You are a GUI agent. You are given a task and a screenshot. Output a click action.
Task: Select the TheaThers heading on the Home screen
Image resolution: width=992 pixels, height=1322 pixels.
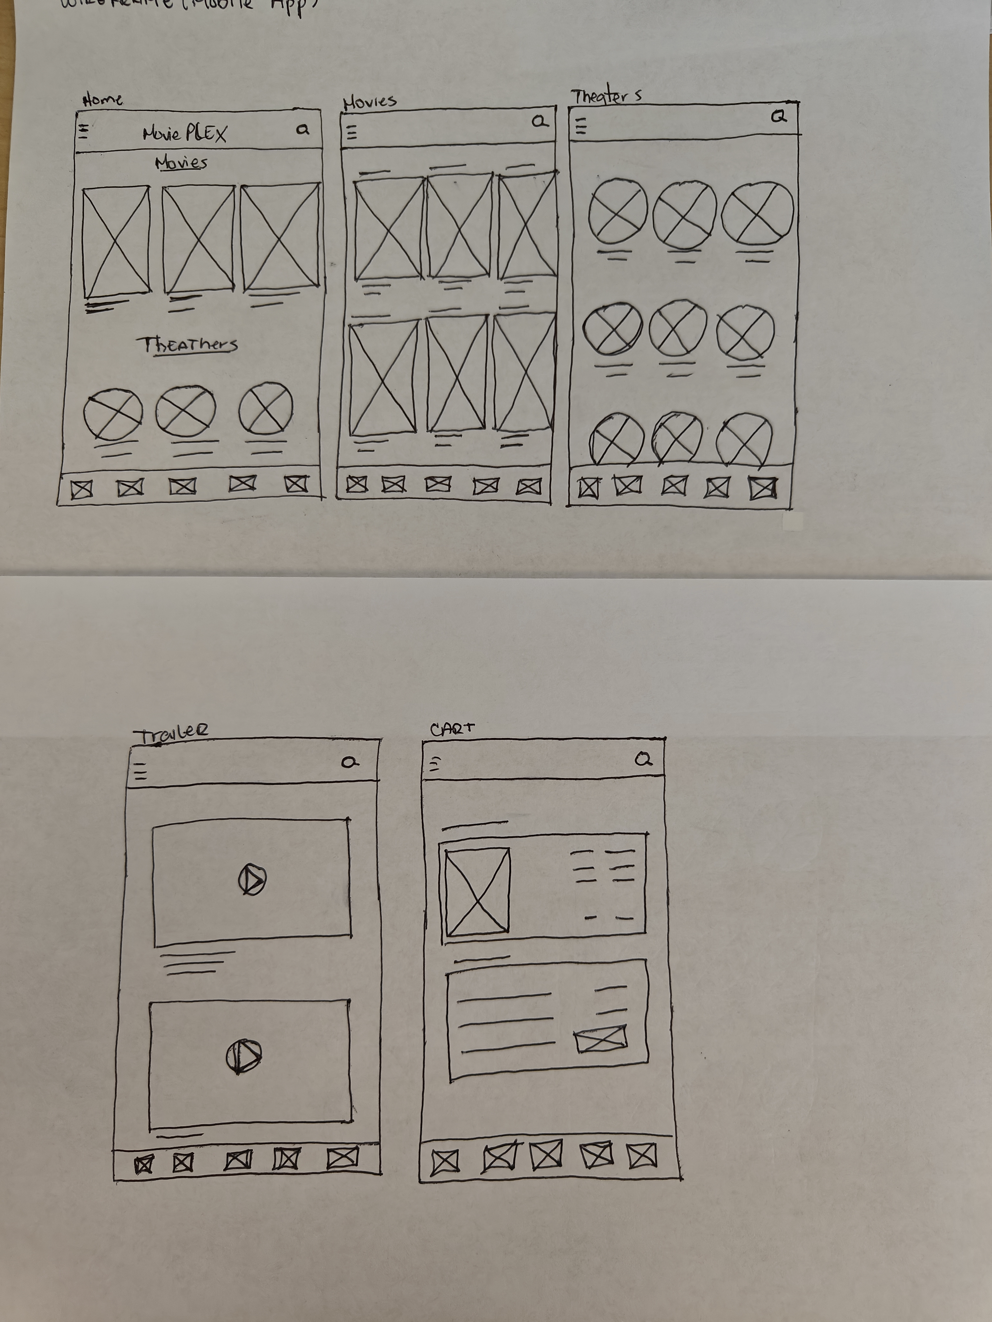pos(188,345)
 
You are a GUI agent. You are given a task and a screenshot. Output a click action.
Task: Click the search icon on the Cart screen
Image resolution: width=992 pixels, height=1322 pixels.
pos(643,760)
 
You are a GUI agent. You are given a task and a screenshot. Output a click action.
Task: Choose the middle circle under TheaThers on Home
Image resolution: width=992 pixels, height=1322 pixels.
pos(185,411)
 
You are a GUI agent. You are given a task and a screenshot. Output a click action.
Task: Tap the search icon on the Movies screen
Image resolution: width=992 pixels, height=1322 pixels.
pos(539,121)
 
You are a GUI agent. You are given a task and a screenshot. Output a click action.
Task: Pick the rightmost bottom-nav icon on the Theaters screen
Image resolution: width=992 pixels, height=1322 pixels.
pos(763,488)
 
